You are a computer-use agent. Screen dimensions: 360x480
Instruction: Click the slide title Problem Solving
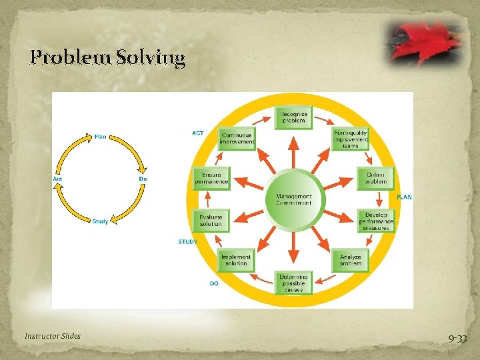[107, 58]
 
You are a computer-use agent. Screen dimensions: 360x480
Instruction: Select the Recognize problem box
[293, 117]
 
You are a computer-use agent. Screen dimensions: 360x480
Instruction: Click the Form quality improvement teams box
[351, 139]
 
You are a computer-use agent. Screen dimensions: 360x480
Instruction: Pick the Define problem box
[375, 178]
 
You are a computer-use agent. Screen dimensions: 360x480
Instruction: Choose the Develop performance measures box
[376, 221]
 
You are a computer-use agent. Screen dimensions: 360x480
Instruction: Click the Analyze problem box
[349, 259]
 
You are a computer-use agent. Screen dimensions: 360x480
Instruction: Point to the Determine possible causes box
[293, 283]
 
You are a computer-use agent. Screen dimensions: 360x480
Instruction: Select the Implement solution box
[237, 259]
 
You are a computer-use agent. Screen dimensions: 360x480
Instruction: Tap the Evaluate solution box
[211, 221]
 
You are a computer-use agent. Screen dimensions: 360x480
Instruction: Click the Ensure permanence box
[211, 178]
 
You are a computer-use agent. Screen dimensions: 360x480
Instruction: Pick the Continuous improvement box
[237, 139]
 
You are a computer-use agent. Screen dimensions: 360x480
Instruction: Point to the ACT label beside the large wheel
[198, 133]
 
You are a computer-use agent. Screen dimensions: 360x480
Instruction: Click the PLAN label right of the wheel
[405, 197]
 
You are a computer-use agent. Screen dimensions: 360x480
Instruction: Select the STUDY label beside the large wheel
[187, 241]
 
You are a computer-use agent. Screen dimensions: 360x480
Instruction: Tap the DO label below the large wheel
[214, 283]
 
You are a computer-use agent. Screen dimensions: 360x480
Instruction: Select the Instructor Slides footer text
[53, 336]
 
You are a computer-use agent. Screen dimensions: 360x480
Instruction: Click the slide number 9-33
[457, 339]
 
